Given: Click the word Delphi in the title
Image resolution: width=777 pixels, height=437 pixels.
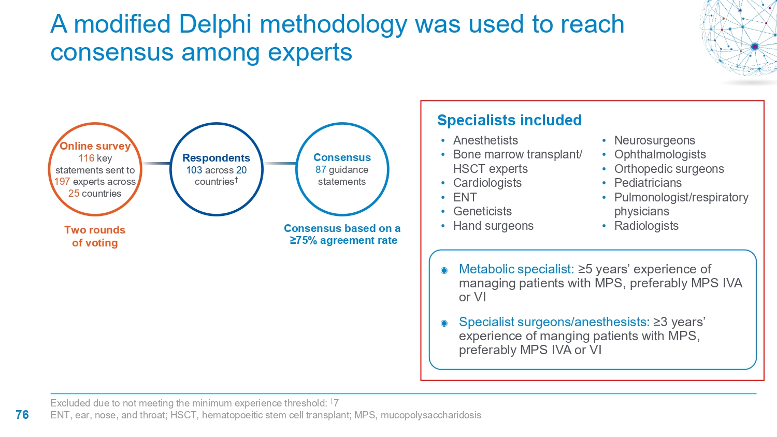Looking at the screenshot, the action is coord(215,24).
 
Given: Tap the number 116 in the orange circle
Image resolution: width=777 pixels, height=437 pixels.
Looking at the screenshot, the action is coord(87,158).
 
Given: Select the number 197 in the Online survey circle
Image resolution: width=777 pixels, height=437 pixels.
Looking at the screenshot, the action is coord(62,181).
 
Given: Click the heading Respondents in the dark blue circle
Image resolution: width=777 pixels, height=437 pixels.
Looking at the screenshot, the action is coord(216,158).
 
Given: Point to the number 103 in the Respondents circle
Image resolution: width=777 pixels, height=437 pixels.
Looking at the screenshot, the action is coord(194,170).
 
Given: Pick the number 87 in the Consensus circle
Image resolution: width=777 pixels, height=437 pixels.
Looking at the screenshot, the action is coord(321,170).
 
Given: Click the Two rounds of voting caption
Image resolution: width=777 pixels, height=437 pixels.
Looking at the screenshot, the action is coord(95,236).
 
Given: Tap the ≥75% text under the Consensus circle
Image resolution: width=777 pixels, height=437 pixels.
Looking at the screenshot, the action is coord(304,240).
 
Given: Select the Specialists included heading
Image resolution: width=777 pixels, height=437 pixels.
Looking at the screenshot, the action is coord(510,120).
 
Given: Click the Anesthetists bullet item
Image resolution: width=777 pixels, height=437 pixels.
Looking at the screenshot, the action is coord(485,140).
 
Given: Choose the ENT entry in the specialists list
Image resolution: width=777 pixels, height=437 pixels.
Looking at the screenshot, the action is coord(465,197).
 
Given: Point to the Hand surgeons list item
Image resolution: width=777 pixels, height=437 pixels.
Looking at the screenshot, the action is coord(493,226).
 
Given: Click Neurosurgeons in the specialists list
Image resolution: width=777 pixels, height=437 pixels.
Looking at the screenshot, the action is coord(655,140).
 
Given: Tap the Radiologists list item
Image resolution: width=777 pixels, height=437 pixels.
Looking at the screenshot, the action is coord(646,226).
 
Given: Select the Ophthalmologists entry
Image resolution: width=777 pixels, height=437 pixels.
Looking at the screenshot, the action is coord(660,154).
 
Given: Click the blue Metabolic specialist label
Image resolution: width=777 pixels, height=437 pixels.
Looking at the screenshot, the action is coord(516,269).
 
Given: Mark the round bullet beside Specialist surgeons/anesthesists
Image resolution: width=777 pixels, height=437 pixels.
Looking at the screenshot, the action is coord(444,324).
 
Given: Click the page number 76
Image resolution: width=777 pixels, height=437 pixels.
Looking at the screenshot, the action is coord(22,415).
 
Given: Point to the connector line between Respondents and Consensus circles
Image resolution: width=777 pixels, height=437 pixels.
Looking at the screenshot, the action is coord(280,163).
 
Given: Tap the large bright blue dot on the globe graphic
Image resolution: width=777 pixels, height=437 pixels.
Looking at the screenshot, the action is coord(754,47).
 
